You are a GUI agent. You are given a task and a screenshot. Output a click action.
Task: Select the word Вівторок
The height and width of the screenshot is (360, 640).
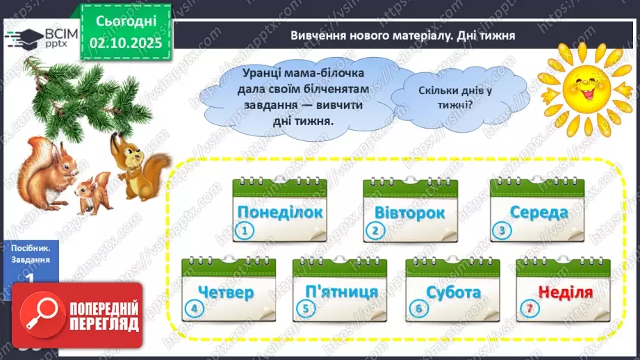click(x=409, y=213)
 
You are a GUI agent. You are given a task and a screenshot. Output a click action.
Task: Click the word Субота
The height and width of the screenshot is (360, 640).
click(x=453, y=292)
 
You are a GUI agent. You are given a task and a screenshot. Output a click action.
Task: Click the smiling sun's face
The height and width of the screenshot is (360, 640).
click(x=587, y=90)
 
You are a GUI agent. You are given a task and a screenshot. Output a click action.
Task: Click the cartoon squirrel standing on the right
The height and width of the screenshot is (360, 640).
click(x=139, y=167)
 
